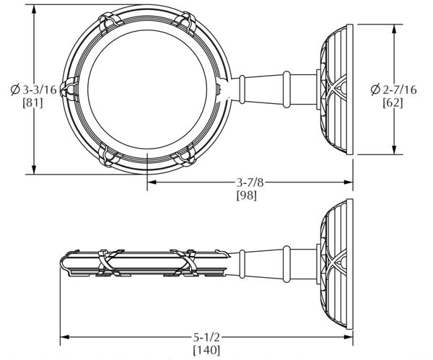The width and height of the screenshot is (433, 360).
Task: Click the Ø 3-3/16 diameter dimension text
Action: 34,90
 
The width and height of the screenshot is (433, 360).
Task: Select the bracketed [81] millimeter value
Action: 33,102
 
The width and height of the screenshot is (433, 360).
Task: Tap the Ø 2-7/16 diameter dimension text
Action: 393,89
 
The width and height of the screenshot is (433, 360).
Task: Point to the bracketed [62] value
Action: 393,102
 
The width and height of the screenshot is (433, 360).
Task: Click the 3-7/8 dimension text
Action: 250,183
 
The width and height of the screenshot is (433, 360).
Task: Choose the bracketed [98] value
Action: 247,196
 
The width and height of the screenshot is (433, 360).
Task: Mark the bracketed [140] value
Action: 206,351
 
